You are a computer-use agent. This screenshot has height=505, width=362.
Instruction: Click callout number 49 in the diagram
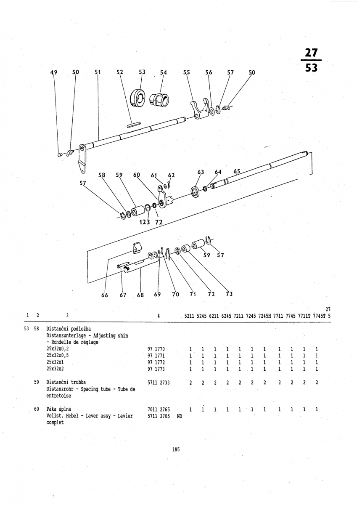coord(54,72)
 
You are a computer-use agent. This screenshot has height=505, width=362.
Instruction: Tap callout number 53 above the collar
coord(142,72)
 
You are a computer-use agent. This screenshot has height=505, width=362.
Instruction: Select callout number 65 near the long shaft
coord(237,172)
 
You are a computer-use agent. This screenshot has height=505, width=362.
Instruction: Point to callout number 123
coord(144,222)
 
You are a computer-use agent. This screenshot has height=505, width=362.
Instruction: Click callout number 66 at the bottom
coord(105,295)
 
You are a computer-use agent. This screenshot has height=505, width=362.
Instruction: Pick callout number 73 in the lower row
coord(229,294)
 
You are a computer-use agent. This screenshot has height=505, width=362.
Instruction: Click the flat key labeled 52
coord(134,125)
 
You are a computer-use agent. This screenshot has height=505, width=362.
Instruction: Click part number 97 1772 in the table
coord(156,362)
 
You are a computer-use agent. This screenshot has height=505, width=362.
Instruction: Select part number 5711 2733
coord(159,383)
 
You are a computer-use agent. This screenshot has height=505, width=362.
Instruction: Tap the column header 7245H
coord(264,316)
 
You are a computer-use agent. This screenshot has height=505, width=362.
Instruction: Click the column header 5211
coord(189,316)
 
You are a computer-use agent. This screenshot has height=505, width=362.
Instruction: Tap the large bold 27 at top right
coord(311,53)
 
